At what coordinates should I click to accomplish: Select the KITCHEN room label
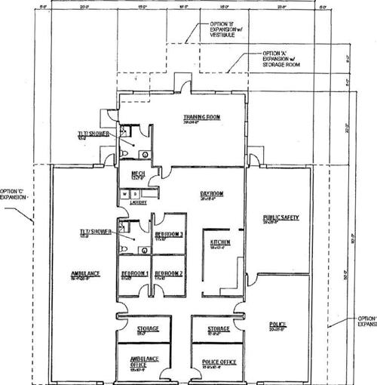coord(220,242)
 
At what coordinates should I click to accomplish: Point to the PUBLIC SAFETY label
coord(281,217)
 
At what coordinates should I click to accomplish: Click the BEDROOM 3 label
coord(170,235)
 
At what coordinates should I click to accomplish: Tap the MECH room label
coord(138,174)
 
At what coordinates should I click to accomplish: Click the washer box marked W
coord(124,194)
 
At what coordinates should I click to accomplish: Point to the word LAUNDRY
coord(136,202)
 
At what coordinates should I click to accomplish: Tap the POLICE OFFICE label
coord(219,362)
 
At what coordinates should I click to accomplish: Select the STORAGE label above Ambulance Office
coord(147,329)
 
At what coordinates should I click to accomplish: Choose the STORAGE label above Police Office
coord(219,329)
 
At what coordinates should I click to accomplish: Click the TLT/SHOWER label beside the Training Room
coord(97,134)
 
